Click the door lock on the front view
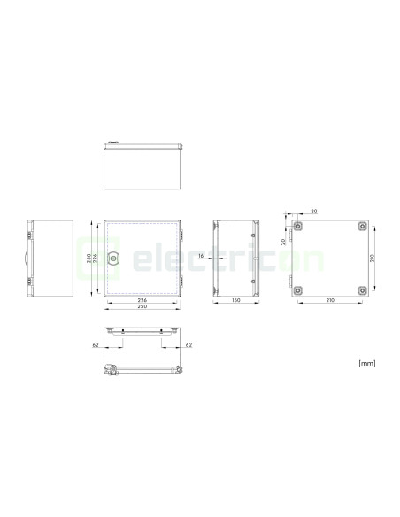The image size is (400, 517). tap(113, 258)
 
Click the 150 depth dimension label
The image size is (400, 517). tap(236, 300)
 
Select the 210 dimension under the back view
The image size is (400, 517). tap(330, 300)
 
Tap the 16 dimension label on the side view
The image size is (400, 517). tap(201, 256)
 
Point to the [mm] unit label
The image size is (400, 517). tap(366, 363)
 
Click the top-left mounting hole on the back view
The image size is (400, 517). tap(298, 227)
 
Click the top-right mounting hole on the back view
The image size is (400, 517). tap(362, 227)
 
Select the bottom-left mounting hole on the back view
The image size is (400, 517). tap(298, 290)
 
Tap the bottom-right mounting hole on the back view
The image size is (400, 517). tap(362, 290)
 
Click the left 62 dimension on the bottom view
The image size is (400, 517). tap(96, 345)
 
